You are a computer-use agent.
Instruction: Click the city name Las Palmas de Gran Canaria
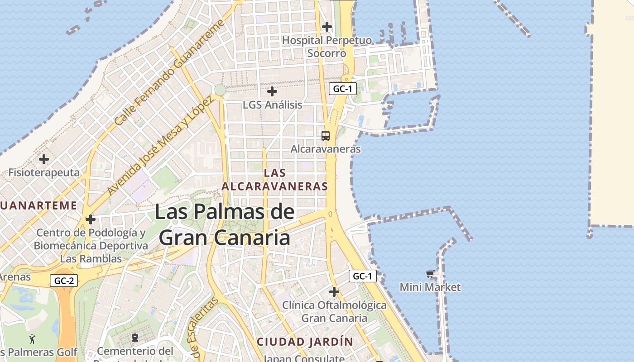(x=225, y=225)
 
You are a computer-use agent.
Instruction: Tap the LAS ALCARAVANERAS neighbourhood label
(x=274, y=180)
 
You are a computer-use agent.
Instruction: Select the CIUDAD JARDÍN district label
(x=305, y=342)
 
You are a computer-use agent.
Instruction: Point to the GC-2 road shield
(x=64, y=281)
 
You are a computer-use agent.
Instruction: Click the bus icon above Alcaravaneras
(x=326, y=135)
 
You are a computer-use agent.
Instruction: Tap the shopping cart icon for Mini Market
(x=430, y=274)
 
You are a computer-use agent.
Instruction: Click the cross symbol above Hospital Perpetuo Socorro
(x=327, y=27)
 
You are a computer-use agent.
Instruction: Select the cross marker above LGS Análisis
(x=272, y=91)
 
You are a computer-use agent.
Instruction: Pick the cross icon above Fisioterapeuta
(x=44, y=159)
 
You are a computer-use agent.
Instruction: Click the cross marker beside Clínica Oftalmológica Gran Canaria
(x=334, y=292)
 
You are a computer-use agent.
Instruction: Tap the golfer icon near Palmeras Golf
(x=32, y=338)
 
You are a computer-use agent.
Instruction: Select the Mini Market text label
(x=430, y=287)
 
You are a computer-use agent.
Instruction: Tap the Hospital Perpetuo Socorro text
(x=327, y=47)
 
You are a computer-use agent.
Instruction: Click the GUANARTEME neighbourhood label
(x=38, y=205)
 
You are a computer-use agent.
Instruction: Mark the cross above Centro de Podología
(x=91, y=220)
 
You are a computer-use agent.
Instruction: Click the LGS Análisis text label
(x=272, y=105)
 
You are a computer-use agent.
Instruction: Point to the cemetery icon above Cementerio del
(x=134, y=337)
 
